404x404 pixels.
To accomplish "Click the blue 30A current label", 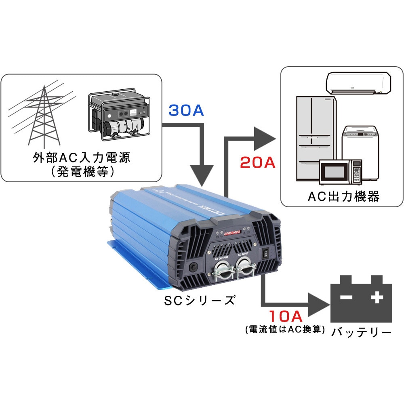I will point(186,111).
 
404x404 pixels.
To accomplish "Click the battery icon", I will point(361,299).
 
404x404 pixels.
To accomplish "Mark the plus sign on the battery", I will point(377,298).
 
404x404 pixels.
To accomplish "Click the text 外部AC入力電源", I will point(82,157).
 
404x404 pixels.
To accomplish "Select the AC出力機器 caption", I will point(343,196).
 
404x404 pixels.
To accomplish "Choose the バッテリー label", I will point(362,332).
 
